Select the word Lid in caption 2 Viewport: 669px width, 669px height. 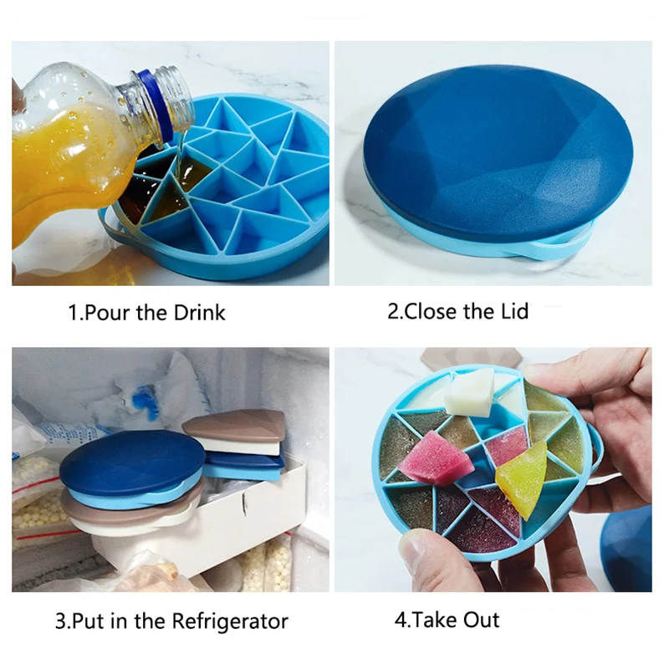pos(513,312)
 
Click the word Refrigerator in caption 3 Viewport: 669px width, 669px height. pos(230,622)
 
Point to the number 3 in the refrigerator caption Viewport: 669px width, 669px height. pos(60,622)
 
